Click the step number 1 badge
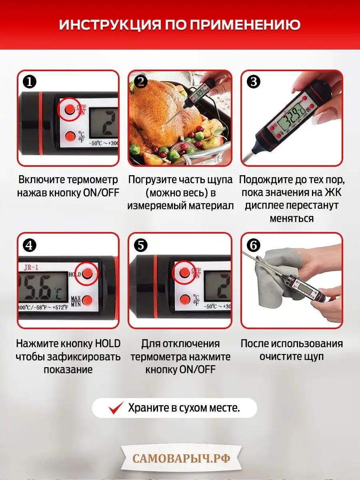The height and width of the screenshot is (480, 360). [x=30, y=82]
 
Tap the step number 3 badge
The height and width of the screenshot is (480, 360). [x=253, y=82]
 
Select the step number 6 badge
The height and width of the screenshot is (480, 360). [x=253, y=245]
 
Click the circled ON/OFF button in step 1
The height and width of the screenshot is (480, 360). [x=70, y=109]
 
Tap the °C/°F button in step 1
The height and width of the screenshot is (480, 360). [x=70, y=136]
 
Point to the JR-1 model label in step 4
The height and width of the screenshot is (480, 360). [x=31, y=267]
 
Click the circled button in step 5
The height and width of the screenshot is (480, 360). [x=184, y=272]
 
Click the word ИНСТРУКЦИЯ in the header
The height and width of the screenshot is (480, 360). [x=110, y=25]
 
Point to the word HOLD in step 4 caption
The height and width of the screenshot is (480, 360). [x=108, y=344]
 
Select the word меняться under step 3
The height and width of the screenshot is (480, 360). [x=292, y=218]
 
